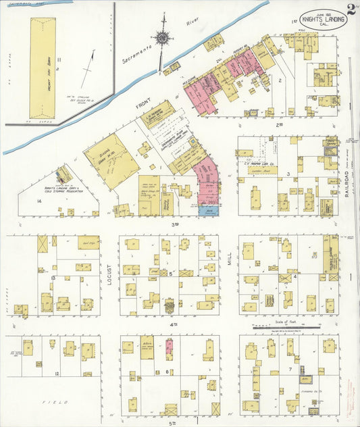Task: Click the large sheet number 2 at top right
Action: click(x=352, y=9)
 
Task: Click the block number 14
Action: click(x=40, y=201)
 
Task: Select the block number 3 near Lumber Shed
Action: click(x=288, y=174)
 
